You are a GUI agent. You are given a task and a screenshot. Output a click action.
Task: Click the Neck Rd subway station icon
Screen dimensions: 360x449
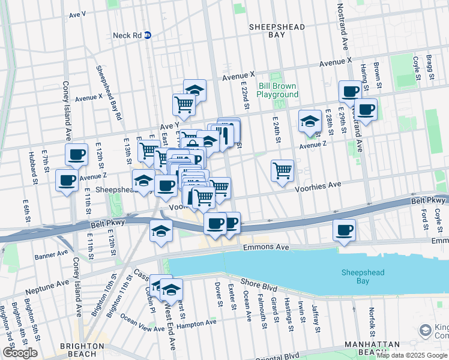coord(147,35)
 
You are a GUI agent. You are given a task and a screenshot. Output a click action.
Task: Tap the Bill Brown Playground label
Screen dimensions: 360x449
coord(278,91)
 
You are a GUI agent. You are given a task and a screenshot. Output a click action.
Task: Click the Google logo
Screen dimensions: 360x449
coord(20,352)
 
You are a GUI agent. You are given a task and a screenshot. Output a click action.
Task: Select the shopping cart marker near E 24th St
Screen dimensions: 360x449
coord(282,171)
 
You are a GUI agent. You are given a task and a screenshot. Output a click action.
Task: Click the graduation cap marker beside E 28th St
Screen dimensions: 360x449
coord(310,121)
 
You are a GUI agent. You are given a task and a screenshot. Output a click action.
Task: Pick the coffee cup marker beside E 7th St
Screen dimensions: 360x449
coord(76,155)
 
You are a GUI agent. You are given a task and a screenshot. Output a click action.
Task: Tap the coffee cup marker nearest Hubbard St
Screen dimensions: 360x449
coord(66,179)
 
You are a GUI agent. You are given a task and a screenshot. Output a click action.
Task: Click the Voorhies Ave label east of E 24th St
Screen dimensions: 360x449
coord(318,187)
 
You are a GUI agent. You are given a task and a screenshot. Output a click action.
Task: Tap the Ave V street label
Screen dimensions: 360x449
coord(77,13)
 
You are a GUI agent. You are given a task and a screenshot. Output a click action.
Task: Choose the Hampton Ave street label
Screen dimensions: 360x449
coord(198,323)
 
